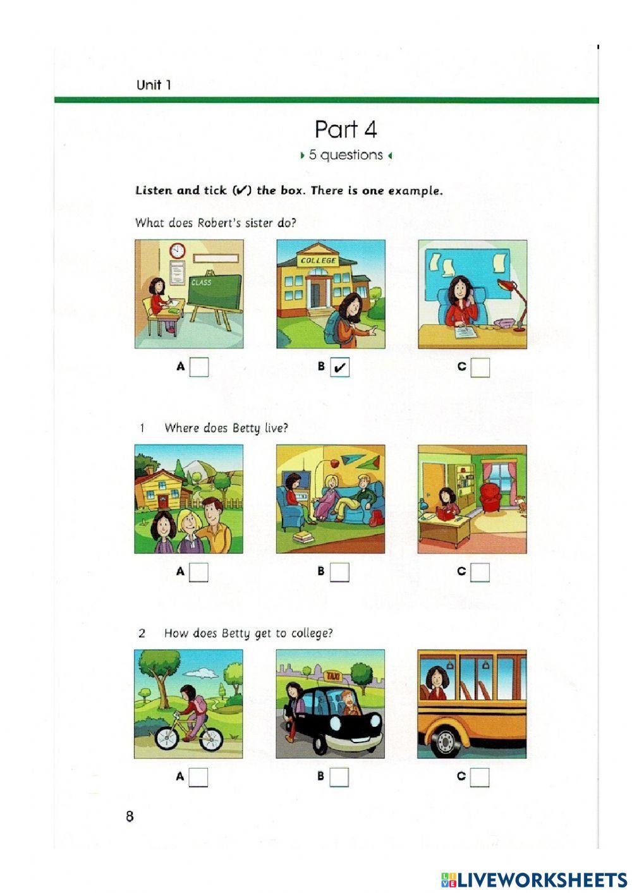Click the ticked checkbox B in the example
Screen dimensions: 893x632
pyautogui.click(x=340, y=367)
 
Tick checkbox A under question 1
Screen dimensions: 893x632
pyautogui.click(x=199, y=573)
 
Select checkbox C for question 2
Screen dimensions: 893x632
pyautogui.click(x=480, y=777)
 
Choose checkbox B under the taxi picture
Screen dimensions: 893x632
pyautogui.click(x=339, y=777)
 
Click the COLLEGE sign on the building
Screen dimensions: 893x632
pyautogui.click(x=319, y=260)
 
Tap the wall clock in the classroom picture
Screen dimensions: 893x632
pyautogui.click(x=177, y=251)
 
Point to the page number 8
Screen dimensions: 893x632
pyautogui.click(x=130, y=817)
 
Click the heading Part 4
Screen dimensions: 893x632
pyautogui.click(x=346, y=130)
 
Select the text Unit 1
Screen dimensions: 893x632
pyautogui.click(x=154, y=85)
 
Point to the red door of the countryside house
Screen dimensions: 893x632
pyautogui.click(x=164, y=502)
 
